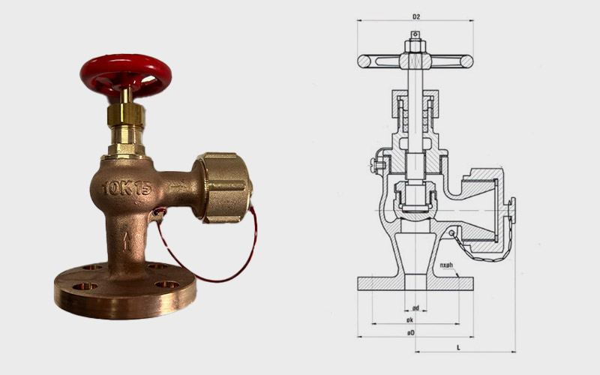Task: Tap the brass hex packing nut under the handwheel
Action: [126, 115]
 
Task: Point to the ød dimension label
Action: [415, 307]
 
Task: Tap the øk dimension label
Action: [411, 319]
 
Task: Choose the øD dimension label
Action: [411, 331]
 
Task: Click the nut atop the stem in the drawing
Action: [415, 46]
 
